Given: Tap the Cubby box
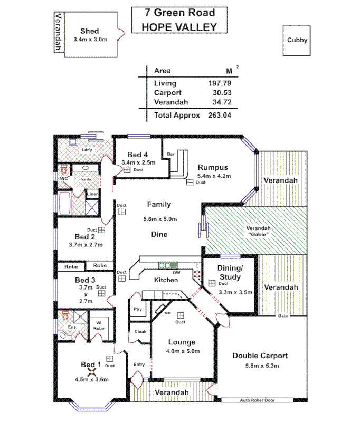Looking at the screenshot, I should (297, 40).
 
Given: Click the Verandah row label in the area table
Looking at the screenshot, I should (169, 102).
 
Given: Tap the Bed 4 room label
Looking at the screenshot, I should (138, 155).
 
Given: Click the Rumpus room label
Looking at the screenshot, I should (214, 167).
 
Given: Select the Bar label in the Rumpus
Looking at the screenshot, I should (170, 154).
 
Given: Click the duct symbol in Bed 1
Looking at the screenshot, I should (110, 358).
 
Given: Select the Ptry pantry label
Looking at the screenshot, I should (137, 309).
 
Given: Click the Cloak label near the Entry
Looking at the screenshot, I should (140, 332).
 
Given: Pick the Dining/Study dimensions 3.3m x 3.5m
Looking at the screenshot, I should (235, 292).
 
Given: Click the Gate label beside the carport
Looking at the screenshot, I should (283, 315).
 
